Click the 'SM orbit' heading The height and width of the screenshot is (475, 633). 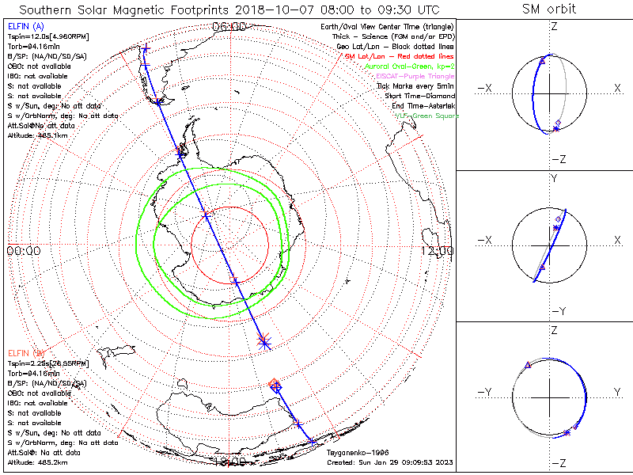549,9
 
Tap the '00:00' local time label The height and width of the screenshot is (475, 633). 23,250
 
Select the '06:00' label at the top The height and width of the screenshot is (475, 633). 229,27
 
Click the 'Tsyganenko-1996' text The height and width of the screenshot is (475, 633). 357,453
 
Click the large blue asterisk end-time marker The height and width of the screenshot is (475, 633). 264,341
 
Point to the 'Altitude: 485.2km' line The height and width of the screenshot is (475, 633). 36,462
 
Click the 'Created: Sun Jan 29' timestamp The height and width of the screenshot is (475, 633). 389,462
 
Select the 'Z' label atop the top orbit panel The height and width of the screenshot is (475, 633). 554,26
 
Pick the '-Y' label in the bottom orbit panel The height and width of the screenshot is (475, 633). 486,392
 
